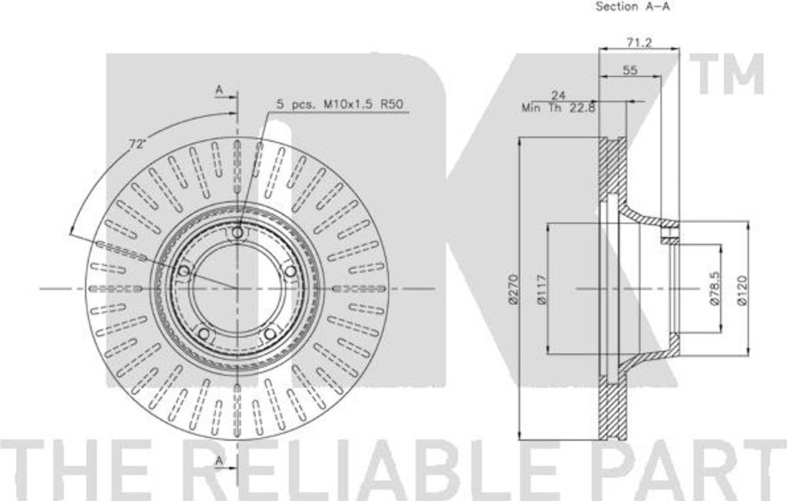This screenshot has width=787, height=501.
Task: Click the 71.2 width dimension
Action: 639,43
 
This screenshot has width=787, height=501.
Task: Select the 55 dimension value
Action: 630,70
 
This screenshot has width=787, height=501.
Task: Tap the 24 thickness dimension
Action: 558,95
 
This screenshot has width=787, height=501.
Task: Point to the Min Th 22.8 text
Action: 558,108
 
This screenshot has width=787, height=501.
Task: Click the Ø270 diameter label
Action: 513,289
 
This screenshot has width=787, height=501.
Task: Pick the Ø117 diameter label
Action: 541,290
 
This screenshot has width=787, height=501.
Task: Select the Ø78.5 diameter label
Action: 715,288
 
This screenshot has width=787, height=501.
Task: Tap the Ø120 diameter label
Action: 742,290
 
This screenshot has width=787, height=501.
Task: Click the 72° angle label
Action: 137,144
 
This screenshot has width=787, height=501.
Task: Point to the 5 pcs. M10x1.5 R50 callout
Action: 340,105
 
